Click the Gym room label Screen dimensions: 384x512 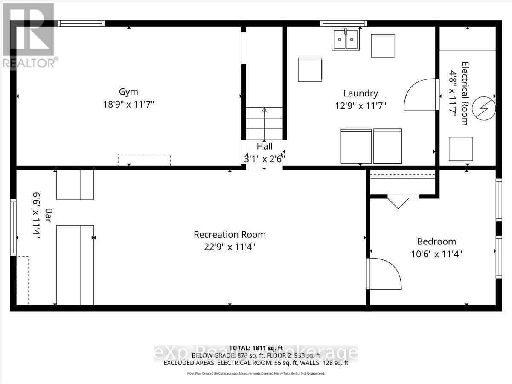click(x=128, y=92)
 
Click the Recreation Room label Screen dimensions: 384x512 click(x=230, y=235)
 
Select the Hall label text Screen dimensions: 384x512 click(x=265, y=147)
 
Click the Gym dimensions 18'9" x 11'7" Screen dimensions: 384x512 click(x=128, y=104)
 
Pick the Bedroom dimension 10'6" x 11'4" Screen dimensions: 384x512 click(x=436, y=254)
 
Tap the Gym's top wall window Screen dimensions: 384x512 click(x=81, y=24)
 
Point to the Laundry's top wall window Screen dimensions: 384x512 click(x=344, y=24)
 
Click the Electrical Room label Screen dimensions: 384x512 click(x=465, y=94)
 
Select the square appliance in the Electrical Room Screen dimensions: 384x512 click(x=461, y=149)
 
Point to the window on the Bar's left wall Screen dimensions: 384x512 click(x=13, y=228)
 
